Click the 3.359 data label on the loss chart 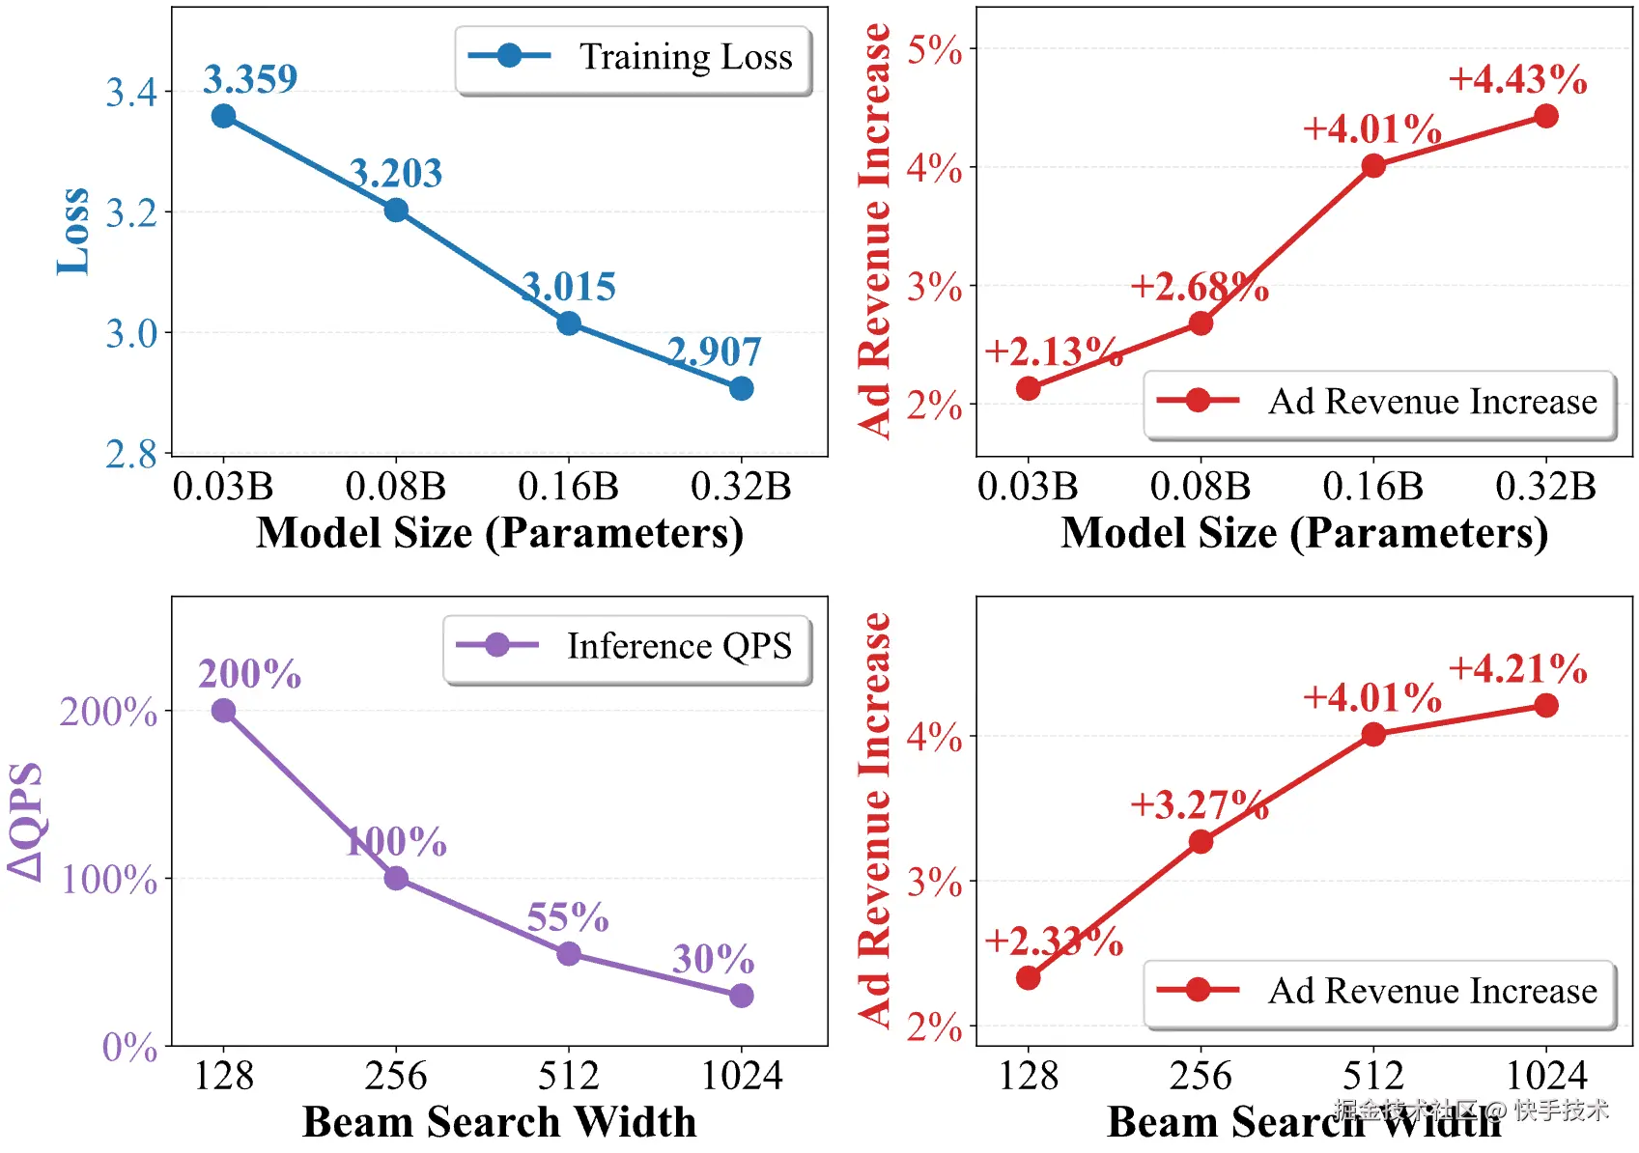[x=250, y=79]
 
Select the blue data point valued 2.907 [x=741, y=388]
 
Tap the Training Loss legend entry [x=634, y=57]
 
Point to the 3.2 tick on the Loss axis [x=131, y=212]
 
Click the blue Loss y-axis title [x=72, y=232]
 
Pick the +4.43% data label [x=1517, y=79]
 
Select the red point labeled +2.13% [x=1029, y=388]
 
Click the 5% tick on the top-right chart [x=934, y=49]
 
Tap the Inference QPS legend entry [x=628, y=646]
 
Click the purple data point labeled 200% [x=223, y=711]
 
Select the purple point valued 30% [x=741, y=996]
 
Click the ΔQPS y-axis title [x=26, y=821]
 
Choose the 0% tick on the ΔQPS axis [x=129, y=1047]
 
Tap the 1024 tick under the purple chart [x=741, y=1076]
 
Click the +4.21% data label [x=1517, y=668]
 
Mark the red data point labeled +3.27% [x=1201, y=842]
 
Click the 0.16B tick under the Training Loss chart [x=568, y=487]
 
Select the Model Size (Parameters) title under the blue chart [x=499, y=533]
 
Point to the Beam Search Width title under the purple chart [x=499, y=1122]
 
